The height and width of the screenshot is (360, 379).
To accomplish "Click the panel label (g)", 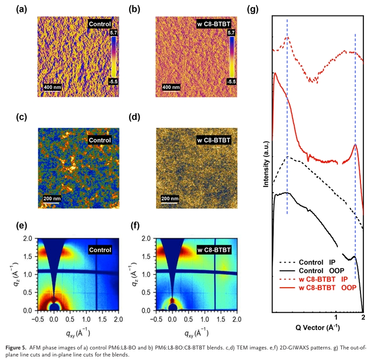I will (255, 9).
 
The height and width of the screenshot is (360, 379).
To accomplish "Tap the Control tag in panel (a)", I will (99, 24).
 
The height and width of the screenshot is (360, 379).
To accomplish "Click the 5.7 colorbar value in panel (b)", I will (231, 33).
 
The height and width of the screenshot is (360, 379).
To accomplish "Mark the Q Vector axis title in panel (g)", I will (317, 327).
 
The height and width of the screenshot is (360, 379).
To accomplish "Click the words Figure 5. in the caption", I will (19, 347).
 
